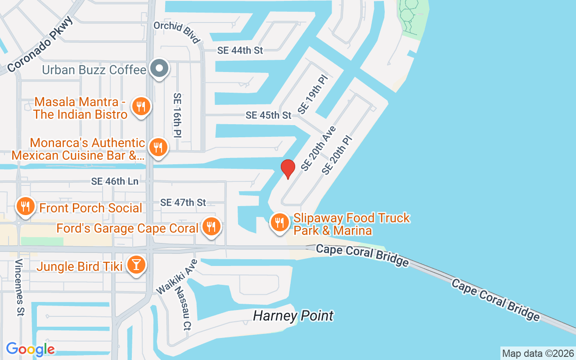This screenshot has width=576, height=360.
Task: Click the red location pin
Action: click(288, 169)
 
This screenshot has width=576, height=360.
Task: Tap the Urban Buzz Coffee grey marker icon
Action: click(159, 69)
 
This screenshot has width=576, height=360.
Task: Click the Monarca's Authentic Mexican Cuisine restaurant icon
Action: click(157, 147)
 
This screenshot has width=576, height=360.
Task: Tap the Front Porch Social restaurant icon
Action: click(25, 207)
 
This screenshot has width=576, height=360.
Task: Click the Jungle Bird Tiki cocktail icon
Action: click(136, 265)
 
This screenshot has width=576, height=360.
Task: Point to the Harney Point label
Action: click(293, 316)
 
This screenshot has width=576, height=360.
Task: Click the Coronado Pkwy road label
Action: click(40, 45)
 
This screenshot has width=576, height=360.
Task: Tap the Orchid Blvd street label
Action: click(177, 32)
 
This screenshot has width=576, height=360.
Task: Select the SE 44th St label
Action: click(240, 50)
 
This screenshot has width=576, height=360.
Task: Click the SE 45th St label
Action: click(268, 115)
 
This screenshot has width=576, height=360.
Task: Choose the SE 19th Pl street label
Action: click(313, 94)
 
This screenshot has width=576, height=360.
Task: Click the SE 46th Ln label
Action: click(115, 181)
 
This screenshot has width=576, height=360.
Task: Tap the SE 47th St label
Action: click(183, 202)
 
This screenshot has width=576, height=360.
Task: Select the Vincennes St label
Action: click(19, 288)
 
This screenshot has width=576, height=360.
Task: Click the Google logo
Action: click(30, 349)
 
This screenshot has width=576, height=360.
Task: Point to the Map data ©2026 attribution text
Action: click(538, 353)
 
